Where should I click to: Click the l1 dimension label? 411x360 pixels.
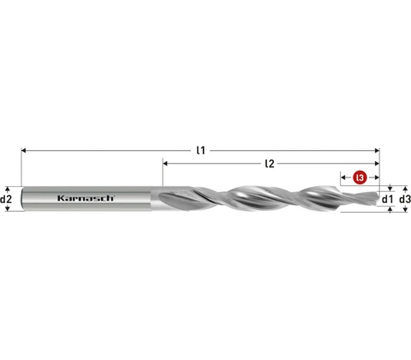tap(201, 150)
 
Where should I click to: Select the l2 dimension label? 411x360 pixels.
tap(270, 164)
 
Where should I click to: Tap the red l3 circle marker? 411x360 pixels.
tap(360, 177)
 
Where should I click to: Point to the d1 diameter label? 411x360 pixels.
tap(387, 199)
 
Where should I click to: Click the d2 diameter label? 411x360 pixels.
tap(6, 199)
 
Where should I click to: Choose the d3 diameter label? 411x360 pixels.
tap(405, 199)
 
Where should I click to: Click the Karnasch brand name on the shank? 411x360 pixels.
tap(86, 198)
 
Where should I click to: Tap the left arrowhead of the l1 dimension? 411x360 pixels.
tap(24, 150)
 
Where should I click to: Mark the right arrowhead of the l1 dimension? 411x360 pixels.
tap(377, 150)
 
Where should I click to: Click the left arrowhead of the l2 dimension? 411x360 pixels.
tap(165, 164)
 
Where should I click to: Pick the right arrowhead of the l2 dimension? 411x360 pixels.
tap(377, 164)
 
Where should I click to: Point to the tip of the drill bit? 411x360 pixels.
tap(378, 198)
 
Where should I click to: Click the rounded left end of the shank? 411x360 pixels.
tap(23, 199)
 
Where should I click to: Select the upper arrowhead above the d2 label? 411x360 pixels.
tap(8, 189)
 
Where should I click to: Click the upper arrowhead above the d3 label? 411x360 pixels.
tap(405, 189)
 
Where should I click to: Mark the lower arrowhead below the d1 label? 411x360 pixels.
tap(390, 210)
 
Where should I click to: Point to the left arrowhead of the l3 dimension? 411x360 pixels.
tap(343, 177)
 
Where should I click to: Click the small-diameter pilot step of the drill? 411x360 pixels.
tap(360, 198)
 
